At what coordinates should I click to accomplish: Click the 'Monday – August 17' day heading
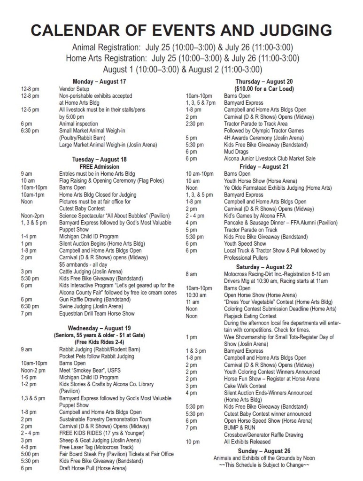[99, 81]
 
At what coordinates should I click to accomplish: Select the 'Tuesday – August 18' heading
[99, 159]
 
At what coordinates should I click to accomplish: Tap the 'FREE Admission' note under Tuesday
[99, 166]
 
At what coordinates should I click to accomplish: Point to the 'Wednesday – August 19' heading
[99, 328]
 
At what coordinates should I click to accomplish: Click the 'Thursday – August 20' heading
[263, 81]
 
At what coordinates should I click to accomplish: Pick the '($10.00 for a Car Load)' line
[263, 88]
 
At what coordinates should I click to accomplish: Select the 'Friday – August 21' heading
[263, 166]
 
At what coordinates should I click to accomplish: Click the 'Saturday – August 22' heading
[263, 267]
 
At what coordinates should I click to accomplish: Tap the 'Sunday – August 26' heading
[263, 451]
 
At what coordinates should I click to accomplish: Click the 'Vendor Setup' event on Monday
[74, 88]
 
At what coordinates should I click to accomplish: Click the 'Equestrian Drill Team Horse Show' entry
[96, 313]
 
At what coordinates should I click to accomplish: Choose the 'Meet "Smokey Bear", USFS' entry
[90, 370]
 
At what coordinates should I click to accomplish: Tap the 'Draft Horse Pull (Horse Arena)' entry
[93, 468]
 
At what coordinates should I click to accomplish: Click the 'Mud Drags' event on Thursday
[236, 152]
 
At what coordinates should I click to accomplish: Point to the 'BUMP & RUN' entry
[239, 428]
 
